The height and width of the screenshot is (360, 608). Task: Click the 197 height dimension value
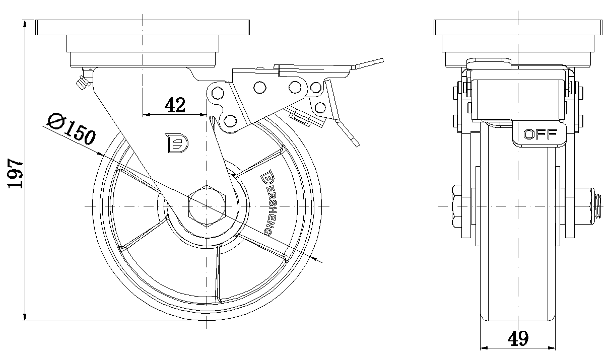16,174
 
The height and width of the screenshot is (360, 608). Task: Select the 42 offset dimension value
175,105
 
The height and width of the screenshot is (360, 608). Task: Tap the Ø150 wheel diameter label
71,129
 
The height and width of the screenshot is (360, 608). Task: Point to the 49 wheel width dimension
517,338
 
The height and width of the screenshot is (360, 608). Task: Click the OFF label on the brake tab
540,134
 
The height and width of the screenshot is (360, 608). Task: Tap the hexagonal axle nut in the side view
207,205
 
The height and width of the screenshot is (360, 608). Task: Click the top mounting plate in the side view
143,27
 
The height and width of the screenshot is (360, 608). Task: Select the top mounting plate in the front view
518,27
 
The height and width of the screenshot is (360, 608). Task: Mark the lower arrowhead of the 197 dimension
25,317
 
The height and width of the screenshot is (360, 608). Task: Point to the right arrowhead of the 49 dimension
553,347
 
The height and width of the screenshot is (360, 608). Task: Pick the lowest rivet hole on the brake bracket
230,121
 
